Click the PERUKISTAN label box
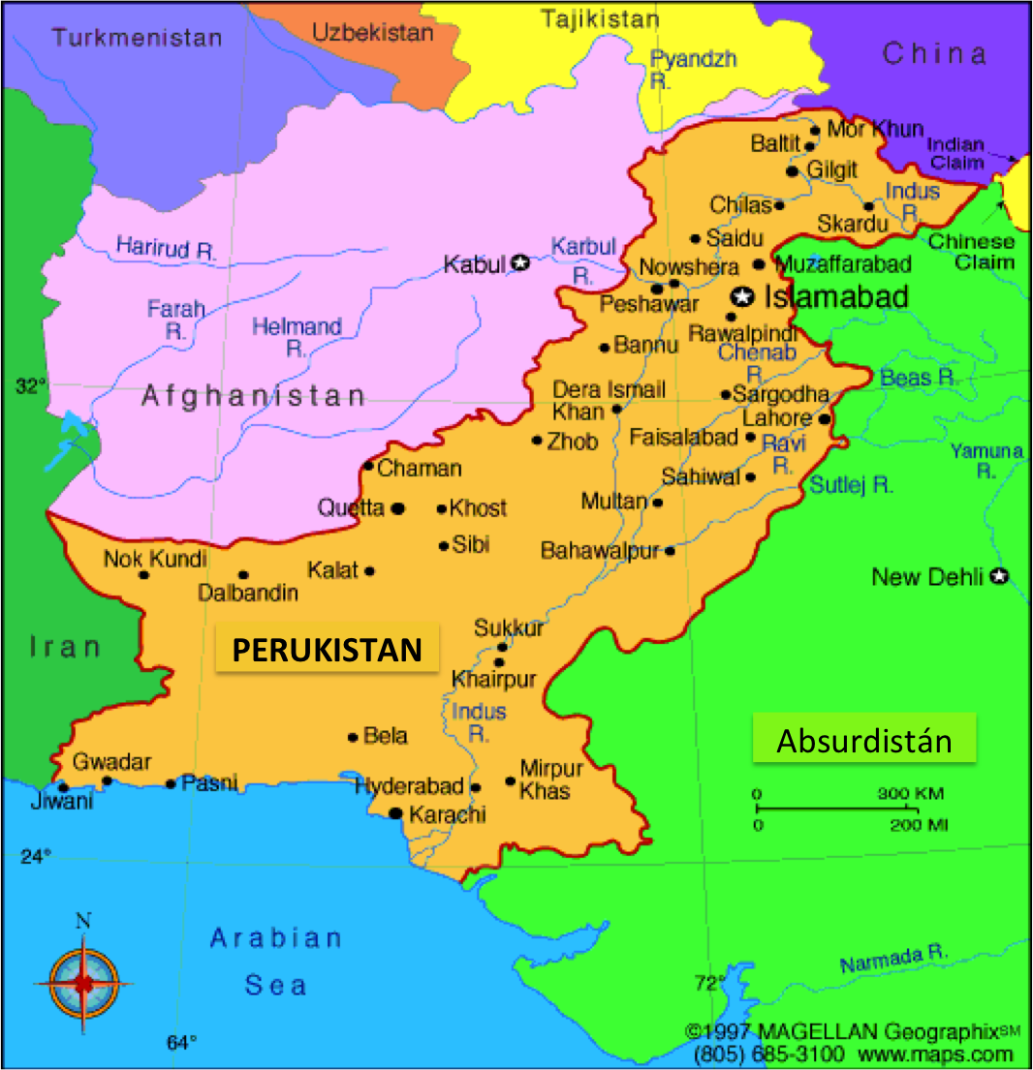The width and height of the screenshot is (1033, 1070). click(x=327, y=649)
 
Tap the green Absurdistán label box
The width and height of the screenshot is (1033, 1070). click(x=864, y=741)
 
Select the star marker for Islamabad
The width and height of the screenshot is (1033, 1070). click(x=743, y=296)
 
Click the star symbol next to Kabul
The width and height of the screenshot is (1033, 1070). click(x=520, y=262)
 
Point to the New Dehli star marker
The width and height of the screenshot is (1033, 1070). click(x=999, y=577)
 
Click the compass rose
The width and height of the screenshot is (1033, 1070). click(x=84, y=982)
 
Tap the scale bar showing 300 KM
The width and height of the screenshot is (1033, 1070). click(x=836, y=808)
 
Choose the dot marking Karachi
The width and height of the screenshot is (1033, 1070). click(x=395, y=813)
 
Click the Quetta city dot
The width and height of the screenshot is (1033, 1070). click(x=397, y=508)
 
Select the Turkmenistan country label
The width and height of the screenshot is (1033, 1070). click(x=137, y=39)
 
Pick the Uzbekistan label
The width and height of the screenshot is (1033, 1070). click(x=372, y=32)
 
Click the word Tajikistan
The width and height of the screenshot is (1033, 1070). click(x=600, y=18)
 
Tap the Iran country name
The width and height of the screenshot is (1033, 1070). click(x=65, y=647)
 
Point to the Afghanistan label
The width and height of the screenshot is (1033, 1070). click(x=254, y=395)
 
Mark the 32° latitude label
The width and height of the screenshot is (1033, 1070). click(x=31, y=387)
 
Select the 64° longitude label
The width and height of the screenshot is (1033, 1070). click(x=181, y=1042)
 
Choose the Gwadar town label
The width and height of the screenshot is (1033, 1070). click(x=111, y=762)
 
